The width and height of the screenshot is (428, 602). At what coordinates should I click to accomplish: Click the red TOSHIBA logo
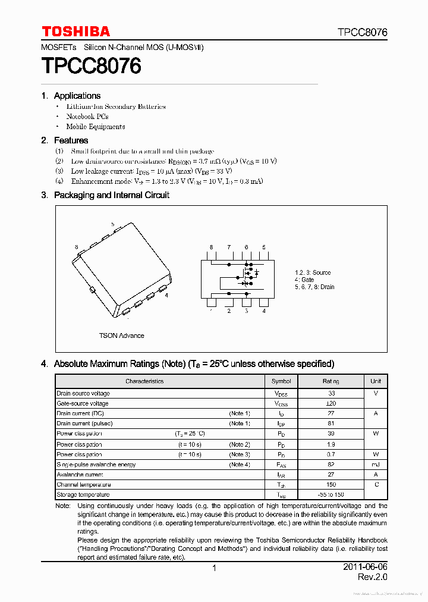(75, 32)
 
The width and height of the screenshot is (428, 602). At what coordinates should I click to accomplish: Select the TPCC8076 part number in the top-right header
(362, 32)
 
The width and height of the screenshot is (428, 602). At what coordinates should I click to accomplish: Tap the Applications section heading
(77, 96)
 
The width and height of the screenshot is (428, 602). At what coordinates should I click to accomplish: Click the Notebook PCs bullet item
(87, 117)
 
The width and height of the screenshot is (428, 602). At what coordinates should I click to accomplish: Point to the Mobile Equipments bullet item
(95, 127)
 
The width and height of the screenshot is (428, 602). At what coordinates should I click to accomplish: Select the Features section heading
(71, 140)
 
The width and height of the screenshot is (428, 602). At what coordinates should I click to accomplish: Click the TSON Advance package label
(121, 336)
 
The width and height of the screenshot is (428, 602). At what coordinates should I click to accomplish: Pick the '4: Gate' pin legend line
(304, 280)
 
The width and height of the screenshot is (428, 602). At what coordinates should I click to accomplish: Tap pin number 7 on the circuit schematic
(228, 247)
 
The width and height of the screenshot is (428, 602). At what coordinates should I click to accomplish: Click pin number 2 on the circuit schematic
(228, 311)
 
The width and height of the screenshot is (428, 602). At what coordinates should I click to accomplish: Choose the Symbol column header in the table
(281, 381)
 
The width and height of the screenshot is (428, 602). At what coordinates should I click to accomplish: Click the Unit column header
(376, 381)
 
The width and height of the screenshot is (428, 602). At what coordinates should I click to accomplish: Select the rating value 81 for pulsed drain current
(331, 424)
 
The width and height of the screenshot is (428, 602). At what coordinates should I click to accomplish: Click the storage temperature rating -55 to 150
(331, 495)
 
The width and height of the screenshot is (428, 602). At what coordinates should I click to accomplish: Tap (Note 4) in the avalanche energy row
(240, 465)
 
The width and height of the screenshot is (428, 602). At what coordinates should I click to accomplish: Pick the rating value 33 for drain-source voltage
(331, 393)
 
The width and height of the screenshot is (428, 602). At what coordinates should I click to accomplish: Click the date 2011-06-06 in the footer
(365, 567)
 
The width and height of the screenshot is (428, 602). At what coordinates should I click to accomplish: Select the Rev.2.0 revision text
(373, 578)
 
